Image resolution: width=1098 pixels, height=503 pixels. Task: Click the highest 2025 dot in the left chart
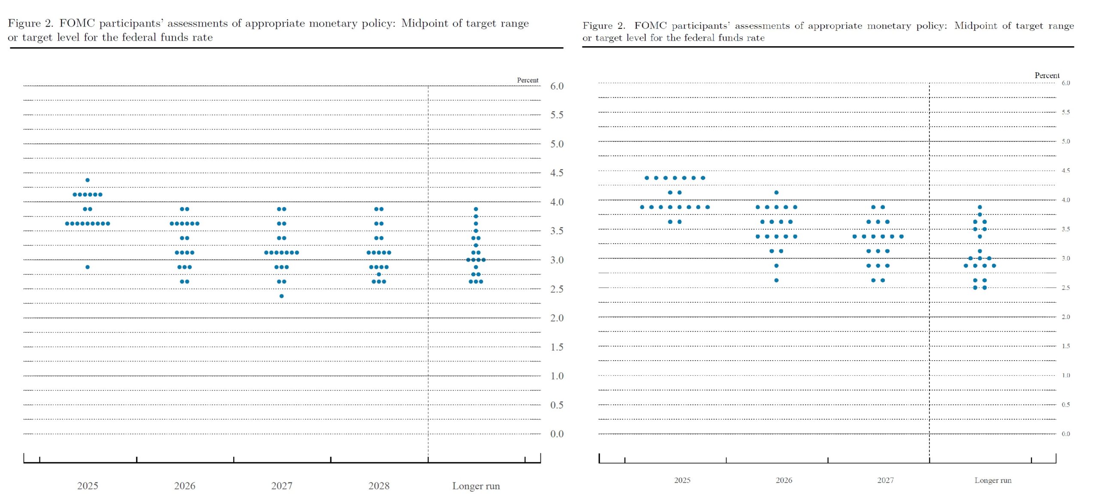(87, 180)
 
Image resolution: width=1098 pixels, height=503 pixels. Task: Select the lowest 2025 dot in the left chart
(87, 267)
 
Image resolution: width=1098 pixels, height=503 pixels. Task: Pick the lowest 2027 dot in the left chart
(281, 296)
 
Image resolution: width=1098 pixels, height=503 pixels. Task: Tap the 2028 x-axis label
(379, 486)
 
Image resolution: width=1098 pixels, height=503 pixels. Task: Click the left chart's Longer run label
(476, 486)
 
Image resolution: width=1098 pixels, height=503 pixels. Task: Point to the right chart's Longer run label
(992, 480)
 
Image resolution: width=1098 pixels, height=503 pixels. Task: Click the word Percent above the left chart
(527, 80)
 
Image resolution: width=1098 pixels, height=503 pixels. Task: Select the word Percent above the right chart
(1047, 75)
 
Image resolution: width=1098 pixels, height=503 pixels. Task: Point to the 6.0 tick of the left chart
(557, 86)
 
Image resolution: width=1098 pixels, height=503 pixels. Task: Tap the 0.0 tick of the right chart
(1065, 434)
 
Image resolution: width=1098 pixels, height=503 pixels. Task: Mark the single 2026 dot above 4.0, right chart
(776, 193)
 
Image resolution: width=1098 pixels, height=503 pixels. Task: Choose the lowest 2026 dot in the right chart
(776, 280)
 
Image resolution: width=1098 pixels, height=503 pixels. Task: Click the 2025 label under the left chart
(87, 486)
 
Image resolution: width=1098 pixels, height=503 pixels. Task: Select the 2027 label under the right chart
(885, 480)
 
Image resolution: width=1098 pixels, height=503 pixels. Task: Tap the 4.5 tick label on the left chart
(557, 173)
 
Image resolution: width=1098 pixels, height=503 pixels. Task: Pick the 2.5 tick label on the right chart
(1065, 288)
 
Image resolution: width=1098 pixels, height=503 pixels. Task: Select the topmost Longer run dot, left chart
(476, 209)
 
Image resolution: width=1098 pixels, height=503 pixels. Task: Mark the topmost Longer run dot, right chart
(980, 207)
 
